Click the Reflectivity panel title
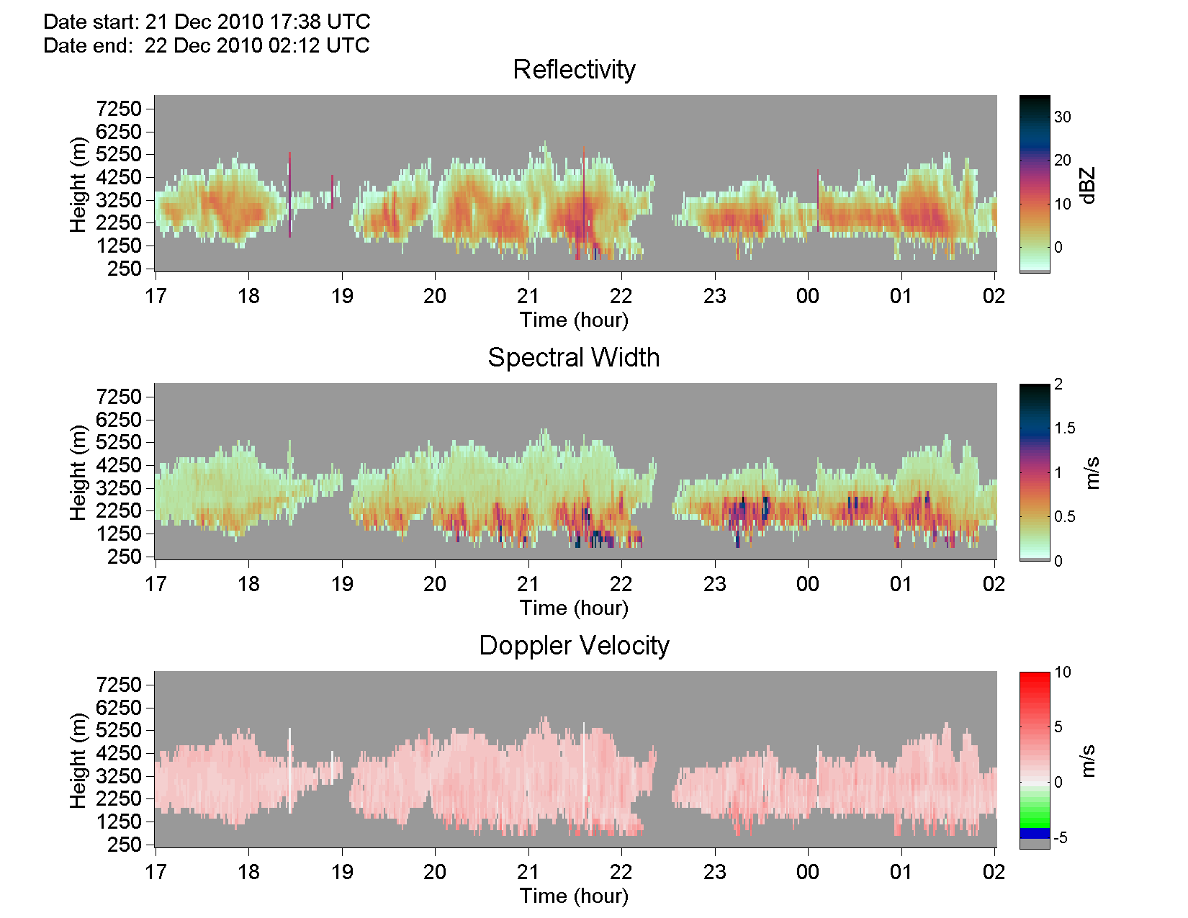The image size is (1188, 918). tap(574, 70)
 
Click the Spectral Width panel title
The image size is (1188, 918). tap(574, 358)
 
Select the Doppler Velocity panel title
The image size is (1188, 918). tap(574, 646)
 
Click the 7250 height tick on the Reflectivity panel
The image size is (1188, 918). tap(119, 109)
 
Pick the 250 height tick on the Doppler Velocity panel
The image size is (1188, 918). tap(125, 845)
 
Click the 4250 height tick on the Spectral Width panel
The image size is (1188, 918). tap(119, 465)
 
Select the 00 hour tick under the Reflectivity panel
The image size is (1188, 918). tap(808, 297)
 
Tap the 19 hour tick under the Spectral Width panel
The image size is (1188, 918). tap(342, 585)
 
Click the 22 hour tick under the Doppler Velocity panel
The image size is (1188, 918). tap(621, 872)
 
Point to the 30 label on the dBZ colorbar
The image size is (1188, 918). tap(1062, 117)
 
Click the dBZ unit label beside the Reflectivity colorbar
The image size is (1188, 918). tap(1089, 186)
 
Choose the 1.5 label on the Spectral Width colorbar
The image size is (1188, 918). tap(1064, 428)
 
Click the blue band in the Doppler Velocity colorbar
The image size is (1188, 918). tap(1035, 834)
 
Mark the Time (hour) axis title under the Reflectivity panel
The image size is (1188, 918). tap(574, 320)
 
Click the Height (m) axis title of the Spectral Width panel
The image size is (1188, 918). tap(78, 472)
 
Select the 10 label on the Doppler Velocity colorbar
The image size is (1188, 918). tap(1062, 672)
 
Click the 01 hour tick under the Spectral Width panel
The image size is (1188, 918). tap(901, 585)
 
